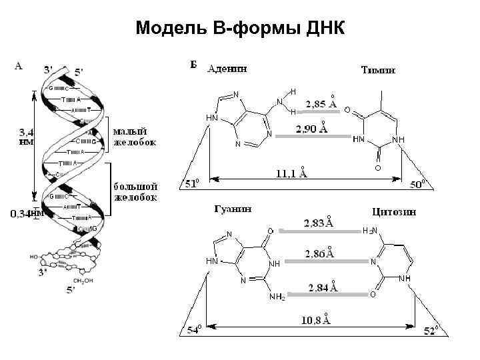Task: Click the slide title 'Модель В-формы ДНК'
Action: pyautogui.click(x=239, y=29)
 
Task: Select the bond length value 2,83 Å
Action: pyautogui.click(x=319, y=223)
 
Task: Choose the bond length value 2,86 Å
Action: pyautogui.click(x=319, y=254)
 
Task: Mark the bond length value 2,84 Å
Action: pyautogui.click(x=323, y=287)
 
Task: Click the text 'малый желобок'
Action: pyautogui.click(x=135, y=137)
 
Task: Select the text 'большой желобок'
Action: pyautogui.click(x=135, y=191)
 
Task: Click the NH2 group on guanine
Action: pyautogui.click(x=277, y=297)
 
